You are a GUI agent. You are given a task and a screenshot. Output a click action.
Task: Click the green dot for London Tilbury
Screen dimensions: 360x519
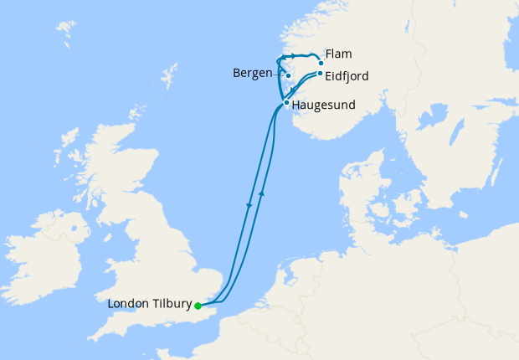[x=198, y=306]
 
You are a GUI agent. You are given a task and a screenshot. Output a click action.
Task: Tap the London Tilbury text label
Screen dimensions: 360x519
[x=150, y=304]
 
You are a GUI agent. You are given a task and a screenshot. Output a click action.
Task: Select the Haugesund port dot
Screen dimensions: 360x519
[x=286, y=103]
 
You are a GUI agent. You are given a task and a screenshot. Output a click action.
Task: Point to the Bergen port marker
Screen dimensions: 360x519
[x=288, y=75]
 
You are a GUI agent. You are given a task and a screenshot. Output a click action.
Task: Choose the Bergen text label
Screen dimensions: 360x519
[x=253, y=73]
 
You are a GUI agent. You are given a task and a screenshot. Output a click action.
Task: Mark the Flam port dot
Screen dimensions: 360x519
[x=321, y=63]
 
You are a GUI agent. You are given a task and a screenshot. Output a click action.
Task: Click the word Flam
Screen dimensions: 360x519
[x=338, y=54]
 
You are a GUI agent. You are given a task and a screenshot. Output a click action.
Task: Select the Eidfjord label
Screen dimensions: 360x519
[x=346, y=76]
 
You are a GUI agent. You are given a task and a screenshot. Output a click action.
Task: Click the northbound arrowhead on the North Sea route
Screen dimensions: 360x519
[x=262, y=193]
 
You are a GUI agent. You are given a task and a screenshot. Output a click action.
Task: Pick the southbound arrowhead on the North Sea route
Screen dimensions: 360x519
[x=249, y=205]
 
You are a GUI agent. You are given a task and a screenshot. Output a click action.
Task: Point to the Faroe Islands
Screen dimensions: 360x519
[x=64, y=34]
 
